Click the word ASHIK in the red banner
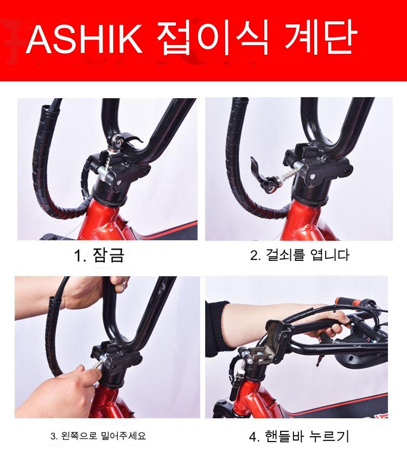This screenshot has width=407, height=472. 85,39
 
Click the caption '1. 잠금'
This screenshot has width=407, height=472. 99,256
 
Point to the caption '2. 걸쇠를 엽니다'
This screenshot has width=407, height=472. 300,255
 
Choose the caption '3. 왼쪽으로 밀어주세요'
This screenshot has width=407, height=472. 98,436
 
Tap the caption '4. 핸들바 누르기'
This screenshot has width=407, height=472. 299,436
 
